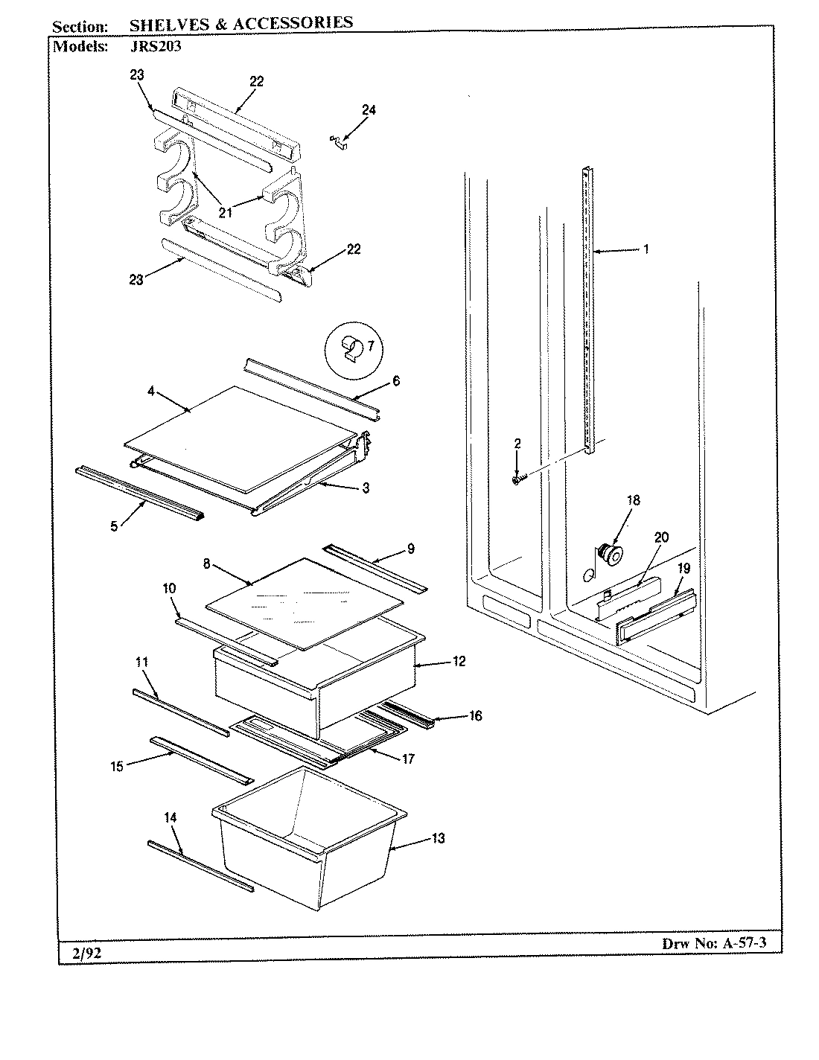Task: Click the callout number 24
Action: (369, 110)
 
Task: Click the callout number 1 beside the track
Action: (646, 249)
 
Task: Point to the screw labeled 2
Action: (516, 480)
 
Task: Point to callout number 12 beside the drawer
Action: (459, 661)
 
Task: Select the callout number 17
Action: (407, 759)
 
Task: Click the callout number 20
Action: (662, 538)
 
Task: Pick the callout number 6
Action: (395, 380)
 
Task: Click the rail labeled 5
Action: (139, 483)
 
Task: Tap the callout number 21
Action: (226, 212)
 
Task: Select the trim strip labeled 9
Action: (376, 569)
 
